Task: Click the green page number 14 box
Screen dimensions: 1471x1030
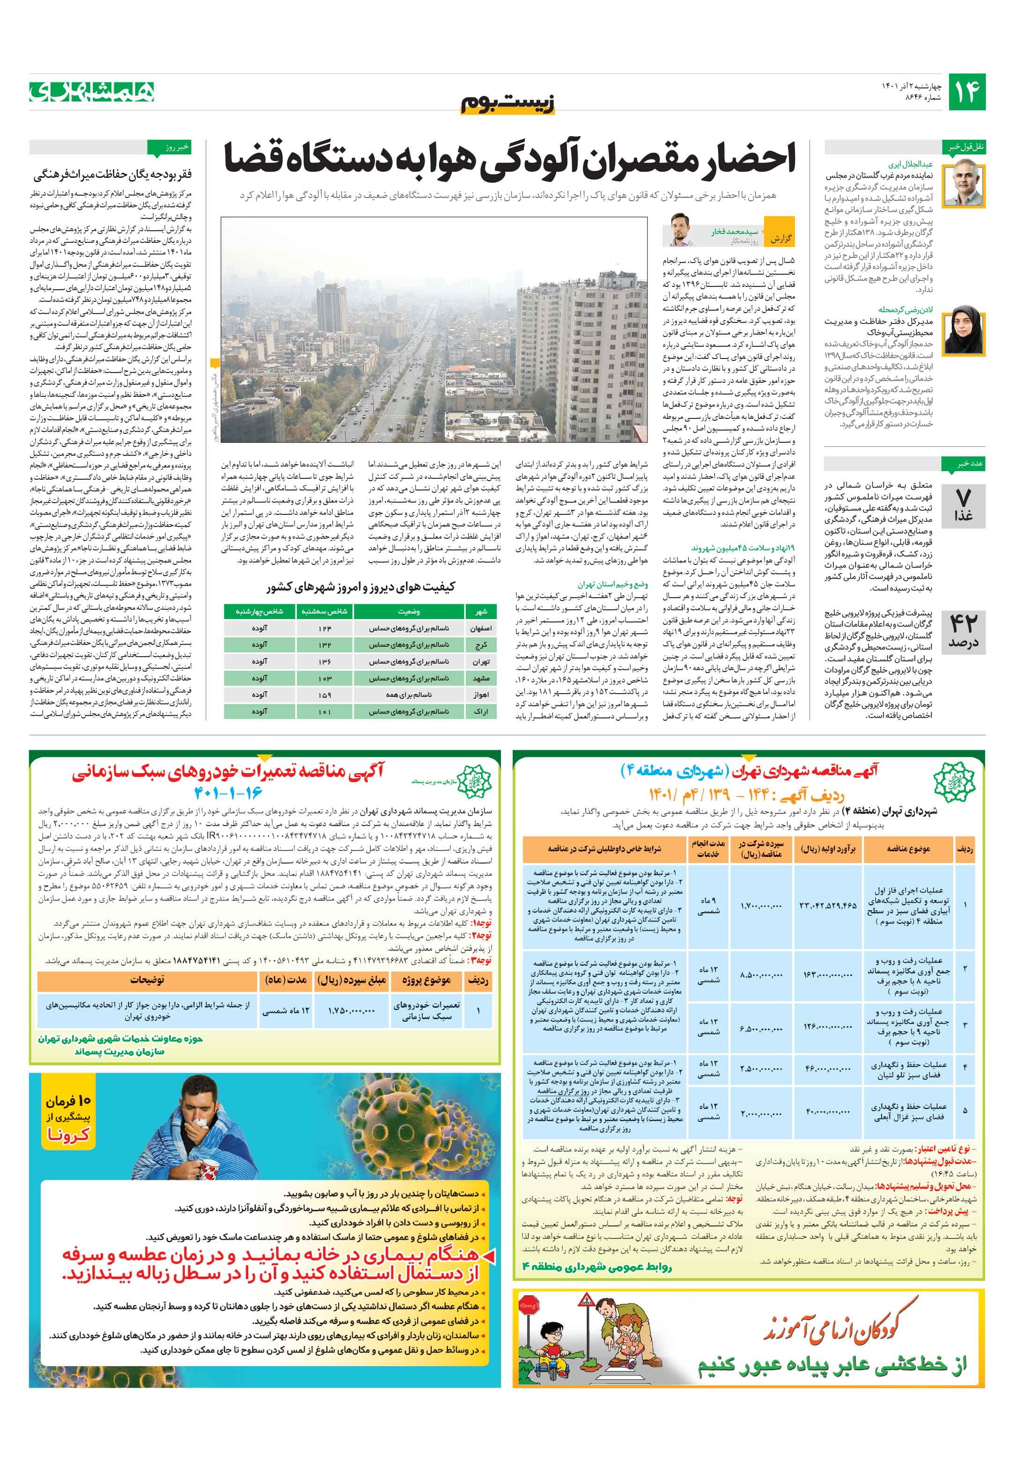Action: tap(966, 92)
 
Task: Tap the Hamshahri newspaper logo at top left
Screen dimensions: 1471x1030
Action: tap(92, 92)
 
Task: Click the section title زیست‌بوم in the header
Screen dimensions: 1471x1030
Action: tap(508, 103)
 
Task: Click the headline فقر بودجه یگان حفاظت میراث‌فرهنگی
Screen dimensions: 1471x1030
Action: tap(113, 174)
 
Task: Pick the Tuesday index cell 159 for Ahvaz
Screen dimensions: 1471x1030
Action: tap(325, 695)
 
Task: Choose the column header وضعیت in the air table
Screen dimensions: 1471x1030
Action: tap(408, 612)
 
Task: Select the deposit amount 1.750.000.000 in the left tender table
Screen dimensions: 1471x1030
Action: tap(351, 1010)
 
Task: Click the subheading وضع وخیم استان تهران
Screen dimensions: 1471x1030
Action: tap(612, 584)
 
